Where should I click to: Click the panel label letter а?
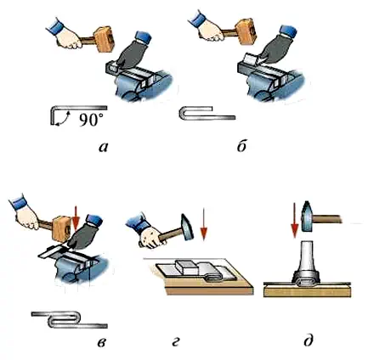pyautogui.click(x=104, y=147)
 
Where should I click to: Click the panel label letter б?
pyautogui.click(x=241, y=146)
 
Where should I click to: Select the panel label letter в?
pyautogui.click(x=102, y=342)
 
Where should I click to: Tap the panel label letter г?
pyautogui.click(x=176, y=342)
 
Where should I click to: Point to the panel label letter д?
pyautogui.click(x=308, y=340)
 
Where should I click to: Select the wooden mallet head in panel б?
pyautogui.click(x=245, y=31)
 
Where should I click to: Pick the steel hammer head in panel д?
pyautogui.click(x=308, y=217)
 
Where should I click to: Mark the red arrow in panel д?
pyautogui.click(x=295, y=221)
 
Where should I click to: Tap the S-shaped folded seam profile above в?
pyautogui.click(x=70, y=320)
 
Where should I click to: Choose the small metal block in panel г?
pyautogui.click(x=186, y=267)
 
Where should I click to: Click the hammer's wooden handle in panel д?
pyautogui.click(x=327, y=219)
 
